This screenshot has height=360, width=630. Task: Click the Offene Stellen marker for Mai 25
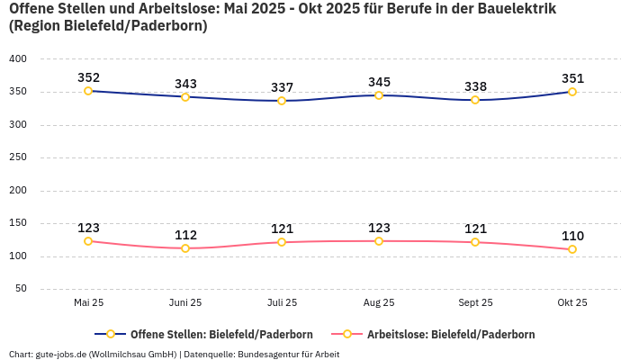pos(88,91)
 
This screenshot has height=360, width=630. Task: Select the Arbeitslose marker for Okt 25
pos(572,249)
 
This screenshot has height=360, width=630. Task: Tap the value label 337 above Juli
pos(282,87)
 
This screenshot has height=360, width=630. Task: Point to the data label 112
pos(185,235)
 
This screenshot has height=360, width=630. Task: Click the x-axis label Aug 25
pos(379,302)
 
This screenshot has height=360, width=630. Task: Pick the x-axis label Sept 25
pos(475,302)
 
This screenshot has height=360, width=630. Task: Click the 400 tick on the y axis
pos(18,59)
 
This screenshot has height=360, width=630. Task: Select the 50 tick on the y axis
pos(21,289)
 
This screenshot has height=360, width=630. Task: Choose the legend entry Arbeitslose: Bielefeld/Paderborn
pos(450,334)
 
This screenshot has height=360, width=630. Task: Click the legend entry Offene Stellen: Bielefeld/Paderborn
pos(221,334)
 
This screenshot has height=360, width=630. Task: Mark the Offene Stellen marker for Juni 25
pos(185,96)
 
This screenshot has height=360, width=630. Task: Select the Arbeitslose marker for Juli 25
pos(282,242)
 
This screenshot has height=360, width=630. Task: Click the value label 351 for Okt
pos(572,78)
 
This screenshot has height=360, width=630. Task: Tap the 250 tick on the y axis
pos(18,157)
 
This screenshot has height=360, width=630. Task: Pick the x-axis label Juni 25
pos(185,302)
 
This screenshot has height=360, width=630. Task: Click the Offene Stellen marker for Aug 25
pos(379,95)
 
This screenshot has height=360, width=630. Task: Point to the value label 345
pos(379,82)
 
